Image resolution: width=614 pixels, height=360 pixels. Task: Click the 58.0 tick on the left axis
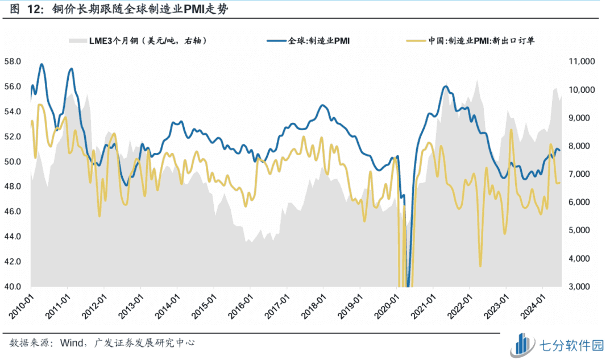pos(13,61)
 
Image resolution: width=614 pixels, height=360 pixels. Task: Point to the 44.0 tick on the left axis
pos(13,237)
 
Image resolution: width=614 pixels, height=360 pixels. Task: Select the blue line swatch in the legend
pos(276,40)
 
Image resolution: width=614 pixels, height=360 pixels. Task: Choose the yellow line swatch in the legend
pos(416,40)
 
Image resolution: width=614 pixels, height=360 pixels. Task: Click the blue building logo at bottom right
pos(524,344)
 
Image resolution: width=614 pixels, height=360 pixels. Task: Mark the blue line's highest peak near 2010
pos(42,64)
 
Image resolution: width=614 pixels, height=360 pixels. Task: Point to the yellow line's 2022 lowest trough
pos(480,266)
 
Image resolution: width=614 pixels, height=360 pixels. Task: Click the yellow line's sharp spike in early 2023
pos(511,130)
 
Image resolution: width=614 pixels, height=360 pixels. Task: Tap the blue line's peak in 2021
pos(445,86)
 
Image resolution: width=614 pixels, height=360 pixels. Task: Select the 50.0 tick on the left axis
pos(13,162)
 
